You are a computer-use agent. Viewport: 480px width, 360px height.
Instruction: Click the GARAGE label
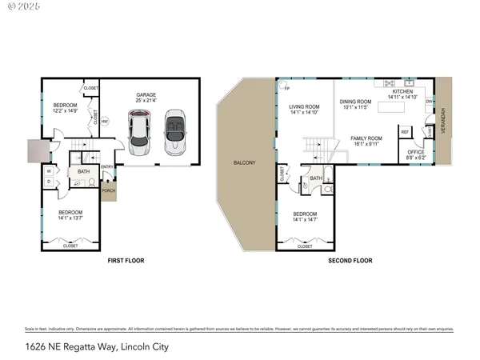tap(146, 94)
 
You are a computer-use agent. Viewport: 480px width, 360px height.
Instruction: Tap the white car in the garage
tap(140, 134)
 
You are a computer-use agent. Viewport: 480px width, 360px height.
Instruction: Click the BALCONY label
tap(245, 163)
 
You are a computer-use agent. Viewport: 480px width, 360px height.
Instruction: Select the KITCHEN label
tap(402, 92)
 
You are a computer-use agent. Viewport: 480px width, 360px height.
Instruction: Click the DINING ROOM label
tap(356, 102)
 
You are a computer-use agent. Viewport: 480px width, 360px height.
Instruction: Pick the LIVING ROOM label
tap(305, 106)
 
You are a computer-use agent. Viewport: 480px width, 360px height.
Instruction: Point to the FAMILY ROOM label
tap(366, 138)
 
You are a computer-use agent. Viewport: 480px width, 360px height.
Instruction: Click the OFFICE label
tap(416, 152)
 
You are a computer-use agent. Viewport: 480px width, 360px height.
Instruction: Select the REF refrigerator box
tap(405, 132)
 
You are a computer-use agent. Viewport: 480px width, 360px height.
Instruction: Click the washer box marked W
tap(49, 170)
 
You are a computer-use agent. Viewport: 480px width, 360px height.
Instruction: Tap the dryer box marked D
tap(49, 182)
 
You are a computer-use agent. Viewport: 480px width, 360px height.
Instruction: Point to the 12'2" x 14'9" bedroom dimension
tap(66, 110)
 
